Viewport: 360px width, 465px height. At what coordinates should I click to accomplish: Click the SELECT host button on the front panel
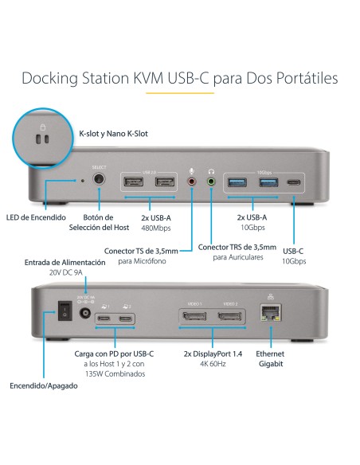[x=99, y=181]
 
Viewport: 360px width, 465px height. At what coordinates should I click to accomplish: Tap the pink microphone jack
[x=192, y=182]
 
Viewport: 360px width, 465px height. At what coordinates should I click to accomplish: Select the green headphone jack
[x=210, y=182]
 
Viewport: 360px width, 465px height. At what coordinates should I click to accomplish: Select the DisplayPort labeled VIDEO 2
[x=230, y=317]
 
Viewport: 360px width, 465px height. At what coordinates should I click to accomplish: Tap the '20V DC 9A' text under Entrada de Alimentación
[x=65, y=272]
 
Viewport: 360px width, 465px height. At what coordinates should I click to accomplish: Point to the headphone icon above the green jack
[x=211, y=170]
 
